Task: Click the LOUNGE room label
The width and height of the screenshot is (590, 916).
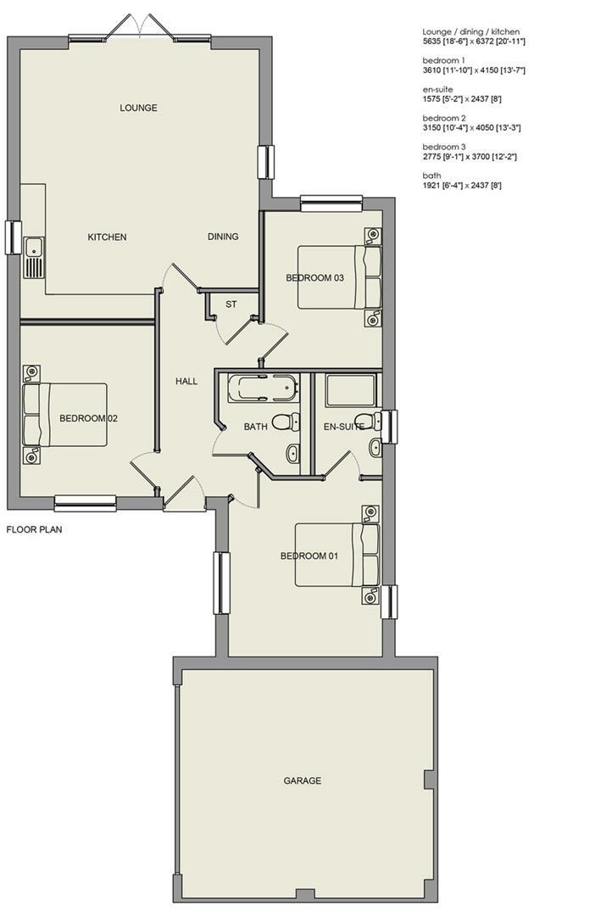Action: tap(138, 108)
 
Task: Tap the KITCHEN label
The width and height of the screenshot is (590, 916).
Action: tap(107, 237)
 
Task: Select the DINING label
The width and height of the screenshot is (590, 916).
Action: tap(223, 237)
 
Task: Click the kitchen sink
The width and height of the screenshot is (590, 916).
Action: tap(34, 257)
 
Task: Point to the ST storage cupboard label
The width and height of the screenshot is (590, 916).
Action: tap(231, 304)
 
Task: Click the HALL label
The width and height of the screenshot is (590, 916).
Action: tap(186, 382)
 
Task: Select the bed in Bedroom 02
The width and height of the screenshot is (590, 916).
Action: tap(66, 415)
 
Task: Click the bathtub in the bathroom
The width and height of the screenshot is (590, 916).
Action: tap(263, 388)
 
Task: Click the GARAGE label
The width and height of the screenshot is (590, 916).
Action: tap(303, 780)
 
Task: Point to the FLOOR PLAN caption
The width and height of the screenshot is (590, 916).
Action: tap(34, 529)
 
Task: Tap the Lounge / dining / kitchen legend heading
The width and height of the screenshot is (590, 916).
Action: tap(470, 31)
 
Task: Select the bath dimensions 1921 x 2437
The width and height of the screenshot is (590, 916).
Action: tap(462, 185)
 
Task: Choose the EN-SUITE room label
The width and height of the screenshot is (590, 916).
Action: tap(343, 427)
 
